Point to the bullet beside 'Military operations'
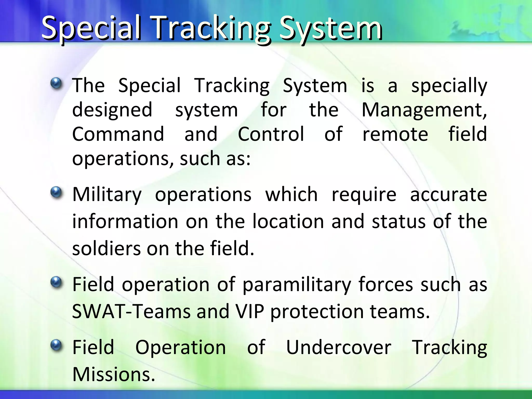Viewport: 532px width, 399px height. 56,192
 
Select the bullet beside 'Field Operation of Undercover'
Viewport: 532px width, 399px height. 56,345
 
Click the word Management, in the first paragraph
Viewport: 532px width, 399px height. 424,110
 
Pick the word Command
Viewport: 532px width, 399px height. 118,134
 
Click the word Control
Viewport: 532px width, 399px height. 271,134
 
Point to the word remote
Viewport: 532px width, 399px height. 395,134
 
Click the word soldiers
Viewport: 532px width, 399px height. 106,248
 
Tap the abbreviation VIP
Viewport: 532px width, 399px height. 249,311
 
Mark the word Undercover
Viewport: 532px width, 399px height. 338,348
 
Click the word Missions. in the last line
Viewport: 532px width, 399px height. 114,375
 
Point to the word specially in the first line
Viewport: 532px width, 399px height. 449,86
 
